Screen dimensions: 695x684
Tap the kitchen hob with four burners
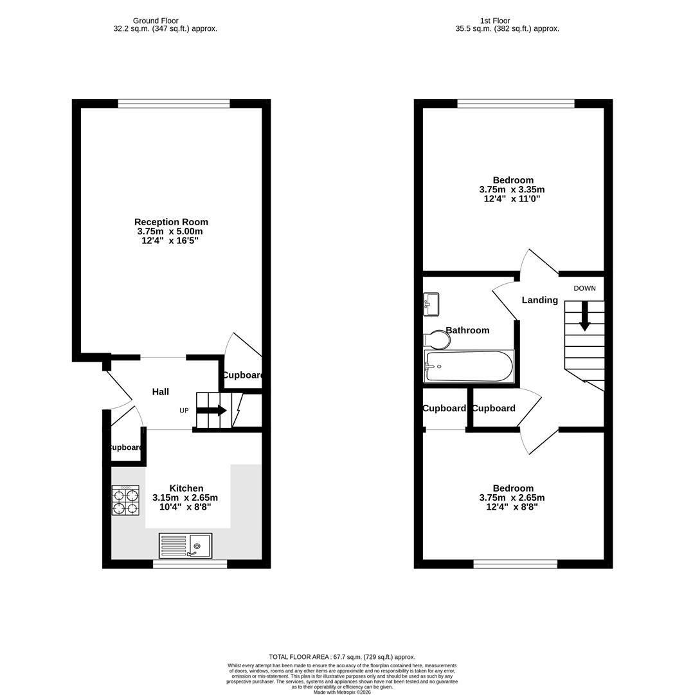[125, 501]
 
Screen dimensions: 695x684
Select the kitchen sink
[185, 546]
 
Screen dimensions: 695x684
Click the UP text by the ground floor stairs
[184, 411]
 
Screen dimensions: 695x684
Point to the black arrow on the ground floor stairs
[212, 411]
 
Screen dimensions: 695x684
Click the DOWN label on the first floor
[584, 288]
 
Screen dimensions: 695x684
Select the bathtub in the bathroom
[469, 367]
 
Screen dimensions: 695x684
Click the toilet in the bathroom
[437, 339]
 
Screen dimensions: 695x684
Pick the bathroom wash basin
[431, 302]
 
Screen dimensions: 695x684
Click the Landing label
[539, 300]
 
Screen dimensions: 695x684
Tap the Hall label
[161, 392]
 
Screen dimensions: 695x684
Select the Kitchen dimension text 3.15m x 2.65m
[185, 497]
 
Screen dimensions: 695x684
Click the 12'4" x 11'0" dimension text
[512, 199]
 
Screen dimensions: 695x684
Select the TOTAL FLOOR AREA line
[341, 656]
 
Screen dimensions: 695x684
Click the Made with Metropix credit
[341, 692]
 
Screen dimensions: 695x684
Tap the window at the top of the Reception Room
[174, 103]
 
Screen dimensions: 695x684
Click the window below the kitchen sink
[190, 564]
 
